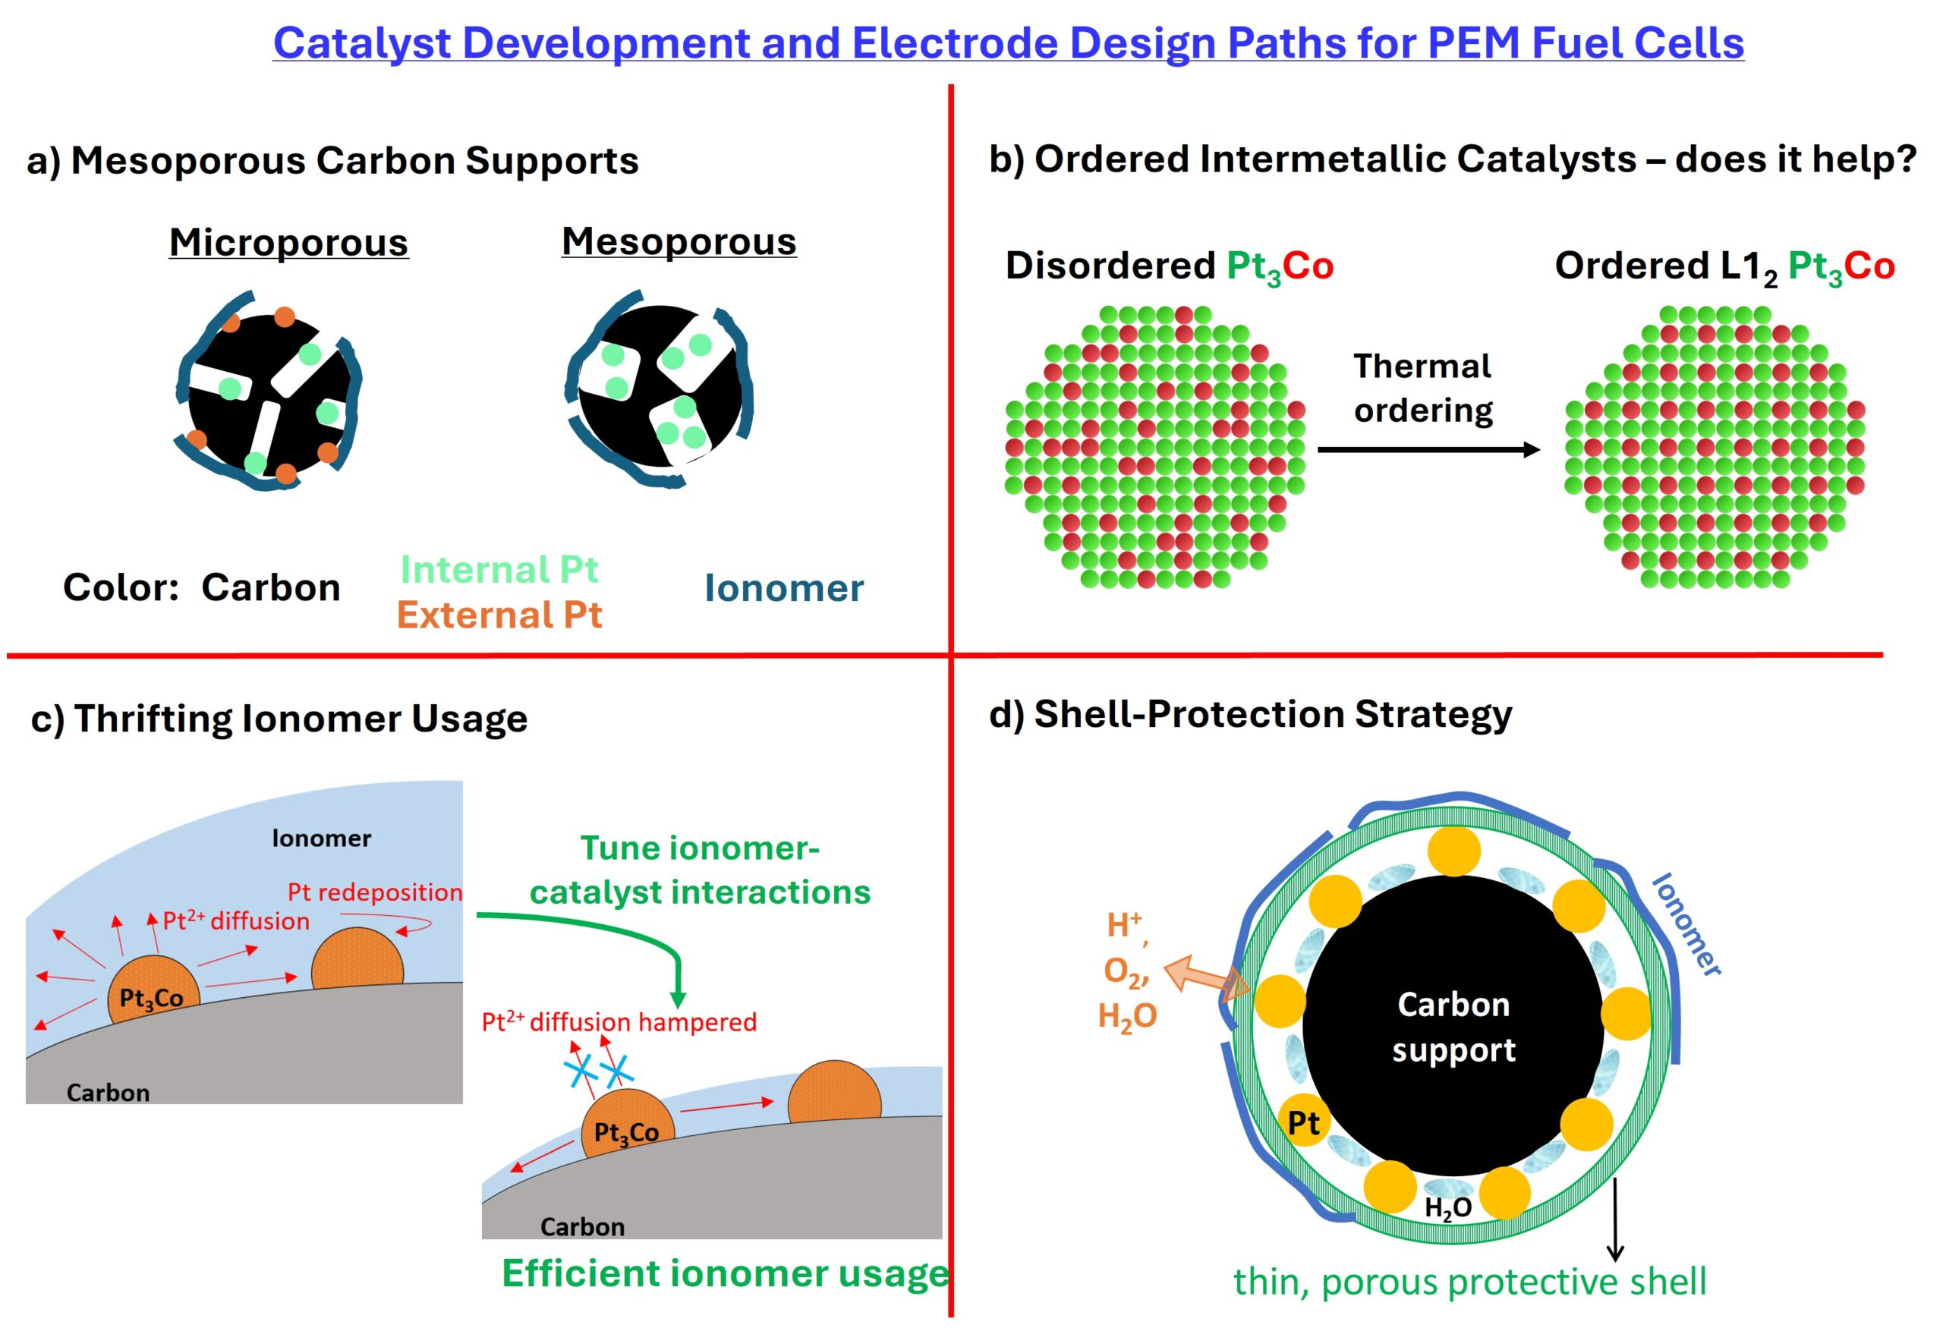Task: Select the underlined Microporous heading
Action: (x=288, y=243)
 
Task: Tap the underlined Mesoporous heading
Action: (x=678, y=241)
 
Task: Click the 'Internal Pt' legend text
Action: (x=499, y=570)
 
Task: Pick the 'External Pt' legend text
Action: (x=499, y=615)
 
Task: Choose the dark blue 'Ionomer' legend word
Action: (x=783, y=589)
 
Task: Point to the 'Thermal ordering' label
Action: (x=1422, y=388)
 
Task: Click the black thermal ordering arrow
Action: (x=1428, y=450)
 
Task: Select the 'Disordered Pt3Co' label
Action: (x=1169, y=266)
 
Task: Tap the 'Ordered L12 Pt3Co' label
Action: (x=1724, y=266)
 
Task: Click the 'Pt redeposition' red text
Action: (x=374, y=892)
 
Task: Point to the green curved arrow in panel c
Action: (x=635, y=936)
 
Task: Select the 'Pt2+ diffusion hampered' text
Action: (x=619, y=1021)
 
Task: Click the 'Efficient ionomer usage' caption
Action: (x=725, y=1273)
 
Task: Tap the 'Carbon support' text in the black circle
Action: (x=1453, y=1027)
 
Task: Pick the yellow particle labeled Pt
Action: (x=1303, y=1123)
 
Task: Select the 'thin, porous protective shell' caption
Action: (x=1469, y=1282)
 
